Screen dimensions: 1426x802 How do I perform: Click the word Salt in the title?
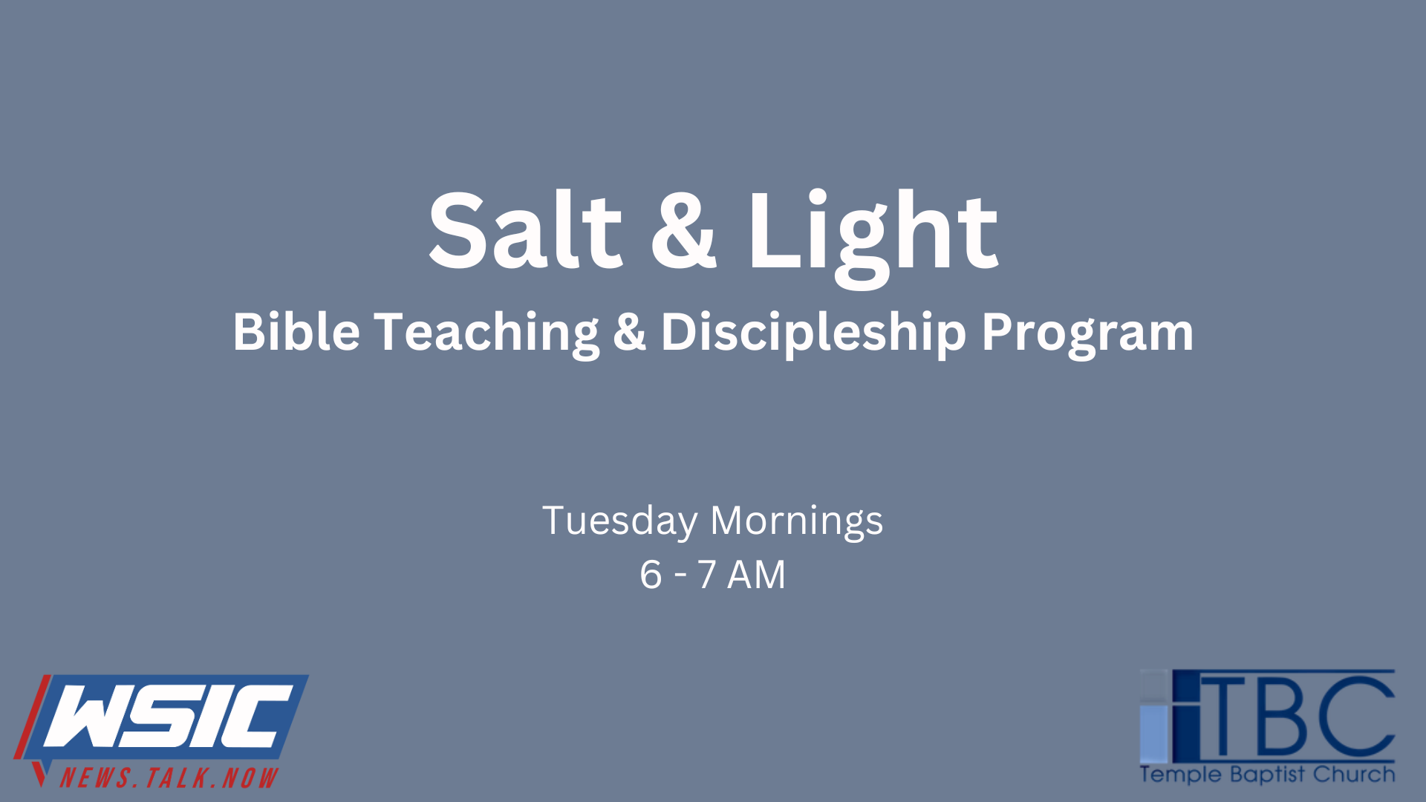click(525, 230)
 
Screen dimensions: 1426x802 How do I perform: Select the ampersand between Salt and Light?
click(684, 231)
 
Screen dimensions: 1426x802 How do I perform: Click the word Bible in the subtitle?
click(296, 331)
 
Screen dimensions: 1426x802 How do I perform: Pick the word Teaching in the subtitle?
click(486, 335)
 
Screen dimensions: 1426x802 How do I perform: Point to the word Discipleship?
click(814, 335)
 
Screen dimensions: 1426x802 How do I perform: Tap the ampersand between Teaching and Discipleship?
click(630, 332)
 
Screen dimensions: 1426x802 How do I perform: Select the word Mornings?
click(797, 521)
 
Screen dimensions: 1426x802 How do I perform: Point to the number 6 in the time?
click(651, 575)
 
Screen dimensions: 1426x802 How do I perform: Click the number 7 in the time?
click(707, 575)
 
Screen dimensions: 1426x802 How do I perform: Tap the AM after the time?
click(756, 575)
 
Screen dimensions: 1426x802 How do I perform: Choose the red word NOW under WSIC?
click(250, 777)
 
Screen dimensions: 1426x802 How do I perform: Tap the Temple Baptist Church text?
click(1267, 775)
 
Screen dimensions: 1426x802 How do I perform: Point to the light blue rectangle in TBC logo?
click(1153, 731)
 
